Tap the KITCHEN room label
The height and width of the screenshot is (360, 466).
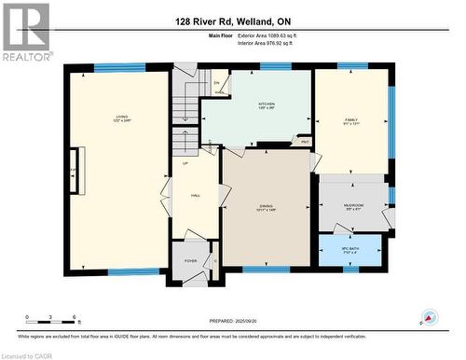coord(266,104)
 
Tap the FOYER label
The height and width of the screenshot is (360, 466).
coord(191,262)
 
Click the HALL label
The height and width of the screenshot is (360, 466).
coord(196,196)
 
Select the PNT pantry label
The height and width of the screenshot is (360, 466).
coord(305,142)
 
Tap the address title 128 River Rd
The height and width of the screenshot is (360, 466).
coord(232,21)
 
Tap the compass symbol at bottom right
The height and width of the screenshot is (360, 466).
coord(428,316)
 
